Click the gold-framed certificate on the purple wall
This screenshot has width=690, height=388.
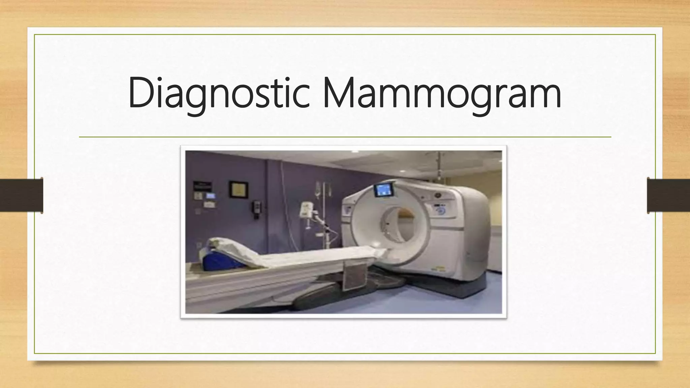pos(239,189)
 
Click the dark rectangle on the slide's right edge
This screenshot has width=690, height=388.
pos(668,195)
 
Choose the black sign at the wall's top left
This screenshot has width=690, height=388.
pos(202,186)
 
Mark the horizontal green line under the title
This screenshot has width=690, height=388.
pos(345,137)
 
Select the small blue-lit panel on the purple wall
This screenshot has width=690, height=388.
pos(211,196)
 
